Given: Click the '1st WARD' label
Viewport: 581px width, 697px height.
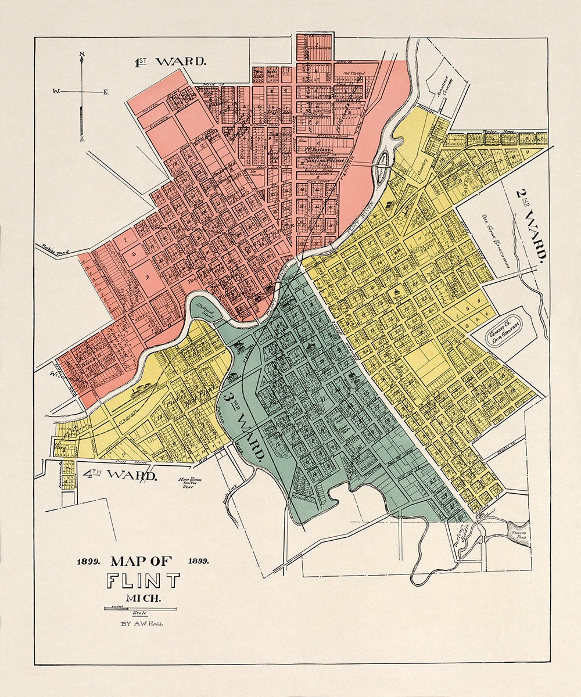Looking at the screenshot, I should (170, 62).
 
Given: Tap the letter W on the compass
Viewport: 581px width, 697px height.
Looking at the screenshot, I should (56, 91).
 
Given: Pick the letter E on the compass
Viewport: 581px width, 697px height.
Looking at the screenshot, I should (106, 91).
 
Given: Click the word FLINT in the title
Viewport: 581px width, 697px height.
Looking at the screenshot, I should (143, 580).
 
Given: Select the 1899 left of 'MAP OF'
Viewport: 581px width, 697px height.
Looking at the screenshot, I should (89, 561).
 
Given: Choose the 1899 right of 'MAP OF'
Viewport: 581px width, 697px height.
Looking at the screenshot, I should (198, 561).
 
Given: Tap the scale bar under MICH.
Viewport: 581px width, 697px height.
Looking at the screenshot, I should (140, 608).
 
